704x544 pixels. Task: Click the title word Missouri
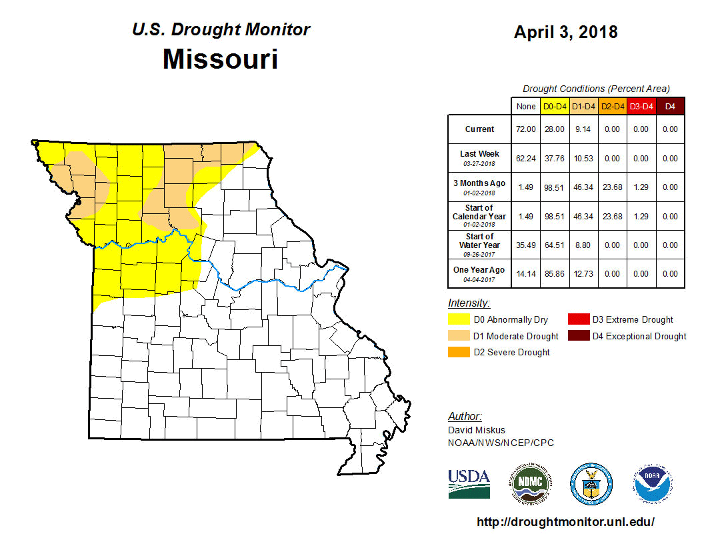point(220,59)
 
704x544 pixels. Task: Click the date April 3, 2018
point(565,31)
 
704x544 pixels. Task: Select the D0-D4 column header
point(555,106)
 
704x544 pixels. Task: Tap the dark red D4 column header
point(670,106)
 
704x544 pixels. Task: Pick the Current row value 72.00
point(526,129)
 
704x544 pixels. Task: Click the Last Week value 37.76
point(555,159)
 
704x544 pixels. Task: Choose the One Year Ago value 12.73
point(583,274)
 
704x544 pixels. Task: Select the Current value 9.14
point(583,129)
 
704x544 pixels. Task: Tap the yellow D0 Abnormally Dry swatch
point(458,320)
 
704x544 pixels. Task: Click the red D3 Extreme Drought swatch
point(577,320)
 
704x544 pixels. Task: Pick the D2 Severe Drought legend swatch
point(458,352)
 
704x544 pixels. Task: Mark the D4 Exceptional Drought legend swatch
point(577,336)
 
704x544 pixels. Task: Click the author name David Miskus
point(477,430)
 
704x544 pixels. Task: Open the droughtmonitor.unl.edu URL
point(566,522)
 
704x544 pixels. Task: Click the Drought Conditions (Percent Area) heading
point(596,89)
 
